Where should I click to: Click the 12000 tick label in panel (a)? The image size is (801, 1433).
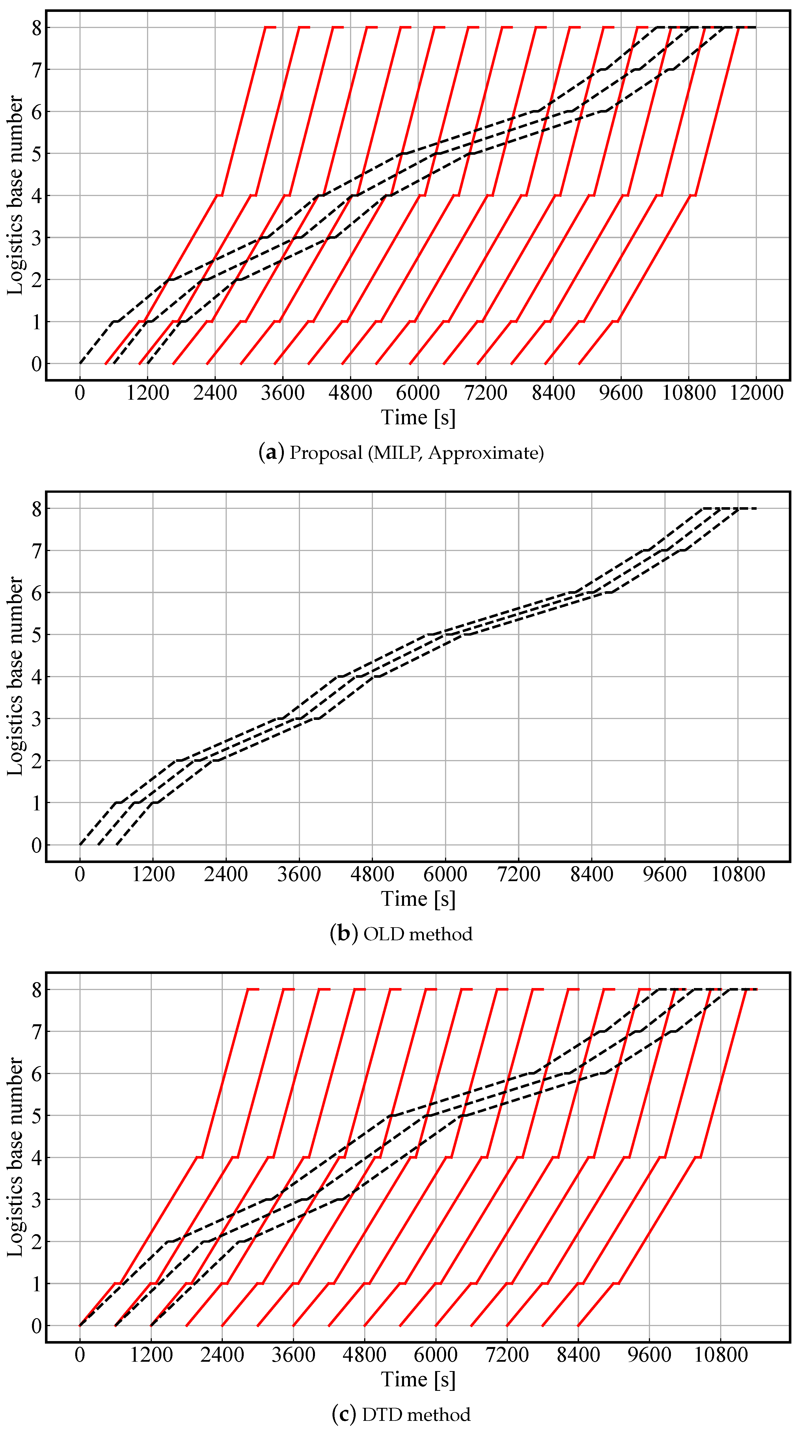tap(756, 393)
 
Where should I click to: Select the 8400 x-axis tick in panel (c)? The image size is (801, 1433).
tap(578, 1355)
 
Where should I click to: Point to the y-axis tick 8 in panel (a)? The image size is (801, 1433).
tap(37, 28)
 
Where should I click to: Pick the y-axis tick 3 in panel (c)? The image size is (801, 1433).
tap(37, 1200)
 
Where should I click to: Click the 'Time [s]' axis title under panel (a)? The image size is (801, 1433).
tap(418, 417)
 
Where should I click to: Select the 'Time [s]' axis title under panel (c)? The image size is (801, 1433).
tap(418, 1379)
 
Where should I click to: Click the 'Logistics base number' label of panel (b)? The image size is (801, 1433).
tap(16, 676)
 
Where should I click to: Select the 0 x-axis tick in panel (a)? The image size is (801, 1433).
tap(80, 393)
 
